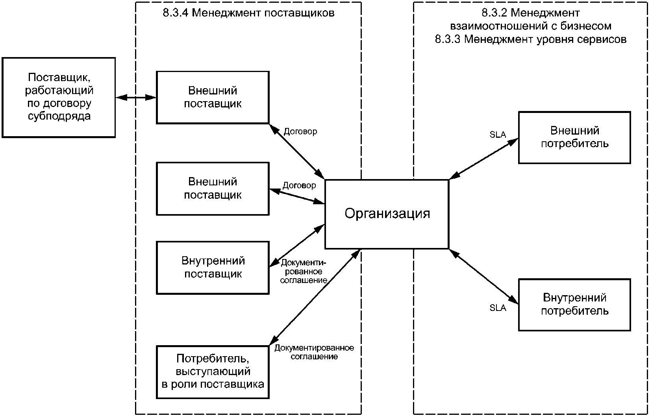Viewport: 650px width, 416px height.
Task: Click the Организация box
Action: coord(387,214)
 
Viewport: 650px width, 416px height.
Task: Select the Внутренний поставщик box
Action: coord(213,268)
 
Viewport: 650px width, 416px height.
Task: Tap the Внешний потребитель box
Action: coord(574,137)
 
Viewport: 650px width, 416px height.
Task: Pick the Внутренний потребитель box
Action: coord(574,305)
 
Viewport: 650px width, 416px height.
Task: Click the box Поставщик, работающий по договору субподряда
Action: coord(59,97)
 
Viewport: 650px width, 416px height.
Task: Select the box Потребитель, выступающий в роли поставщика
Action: coord(213,372)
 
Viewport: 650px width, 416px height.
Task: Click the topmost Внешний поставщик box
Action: coord(213,97)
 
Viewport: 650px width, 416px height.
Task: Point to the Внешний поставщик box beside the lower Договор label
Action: coord(213,189)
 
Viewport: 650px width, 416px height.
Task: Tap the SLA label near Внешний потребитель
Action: coord(498,135)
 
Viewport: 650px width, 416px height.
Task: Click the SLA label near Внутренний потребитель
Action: coord(498,308)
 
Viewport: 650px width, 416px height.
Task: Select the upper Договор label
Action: coord(300,131)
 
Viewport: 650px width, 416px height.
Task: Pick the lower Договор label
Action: coord(299,185)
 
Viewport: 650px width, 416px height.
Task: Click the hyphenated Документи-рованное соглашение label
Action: coord(303,272)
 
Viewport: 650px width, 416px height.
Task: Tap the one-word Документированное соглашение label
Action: coord(314,352)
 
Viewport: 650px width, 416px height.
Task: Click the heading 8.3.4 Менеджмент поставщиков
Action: coord(248,13)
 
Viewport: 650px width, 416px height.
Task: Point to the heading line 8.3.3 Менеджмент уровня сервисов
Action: coord(531,39)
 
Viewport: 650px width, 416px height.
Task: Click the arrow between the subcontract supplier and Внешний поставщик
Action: coord(136,97)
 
